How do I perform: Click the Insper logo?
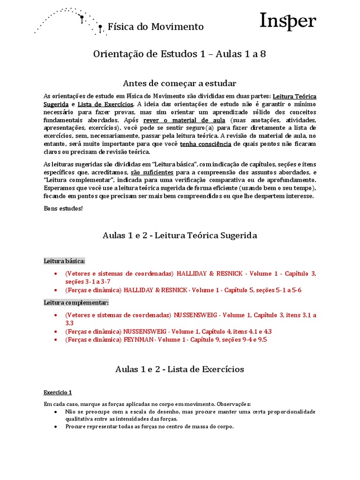click(288, 22)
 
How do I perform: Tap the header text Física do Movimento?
click(156, 27)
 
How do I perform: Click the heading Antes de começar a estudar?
click(180, 83)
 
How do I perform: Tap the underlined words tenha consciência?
click(205, 144)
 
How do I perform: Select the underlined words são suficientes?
click(152, 172)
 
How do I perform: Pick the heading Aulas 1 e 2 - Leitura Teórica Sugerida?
click(180, 235)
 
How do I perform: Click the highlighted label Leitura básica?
click(64, 261)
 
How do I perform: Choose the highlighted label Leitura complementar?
click(76, 302)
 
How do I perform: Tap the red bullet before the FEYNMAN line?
click(56, 340)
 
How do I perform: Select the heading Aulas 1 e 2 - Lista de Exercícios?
click(180, 369)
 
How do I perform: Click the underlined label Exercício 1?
click(58, 392)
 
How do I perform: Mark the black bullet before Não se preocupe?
click(56, 412)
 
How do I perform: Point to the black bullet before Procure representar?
click(56, 427)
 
